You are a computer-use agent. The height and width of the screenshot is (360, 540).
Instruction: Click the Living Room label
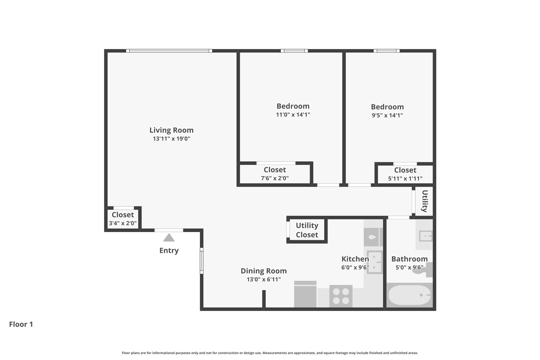[171, 130]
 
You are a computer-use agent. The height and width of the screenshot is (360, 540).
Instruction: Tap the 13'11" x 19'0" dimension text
[172, 139]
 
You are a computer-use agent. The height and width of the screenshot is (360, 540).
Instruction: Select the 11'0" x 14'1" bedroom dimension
[293, 114]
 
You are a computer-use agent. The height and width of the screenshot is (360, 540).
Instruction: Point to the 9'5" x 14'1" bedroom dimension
[387, 115]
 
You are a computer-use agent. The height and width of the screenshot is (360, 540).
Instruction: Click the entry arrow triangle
[169, 238]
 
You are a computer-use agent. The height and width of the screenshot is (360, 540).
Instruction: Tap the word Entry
[169, 251]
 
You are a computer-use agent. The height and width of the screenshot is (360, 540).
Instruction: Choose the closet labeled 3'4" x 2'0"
[123, 219]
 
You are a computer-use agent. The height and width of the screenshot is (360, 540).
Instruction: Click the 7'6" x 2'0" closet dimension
[275, 178]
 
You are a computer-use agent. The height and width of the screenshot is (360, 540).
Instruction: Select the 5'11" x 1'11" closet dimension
[405, 179]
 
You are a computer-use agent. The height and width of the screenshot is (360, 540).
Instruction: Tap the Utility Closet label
[307, 230]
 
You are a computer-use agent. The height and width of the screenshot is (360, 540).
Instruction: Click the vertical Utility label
[425, 201]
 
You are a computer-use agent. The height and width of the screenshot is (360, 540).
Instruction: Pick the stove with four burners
[341, 296]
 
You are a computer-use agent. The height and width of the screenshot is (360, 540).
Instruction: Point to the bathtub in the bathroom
[409, 295]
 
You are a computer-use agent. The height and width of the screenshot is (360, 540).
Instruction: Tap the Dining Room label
[264, 271]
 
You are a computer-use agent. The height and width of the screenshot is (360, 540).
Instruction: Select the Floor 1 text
[21, 324]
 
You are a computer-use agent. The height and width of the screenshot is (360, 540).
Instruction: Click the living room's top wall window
[169, 51]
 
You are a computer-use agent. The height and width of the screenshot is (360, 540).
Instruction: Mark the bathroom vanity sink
[426, 236]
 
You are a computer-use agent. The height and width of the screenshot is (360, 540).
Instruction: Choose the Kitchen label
[355, 259]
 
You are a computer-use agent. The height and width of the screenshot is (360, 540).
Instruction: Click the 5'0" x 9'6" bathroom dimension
[409, 267]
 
